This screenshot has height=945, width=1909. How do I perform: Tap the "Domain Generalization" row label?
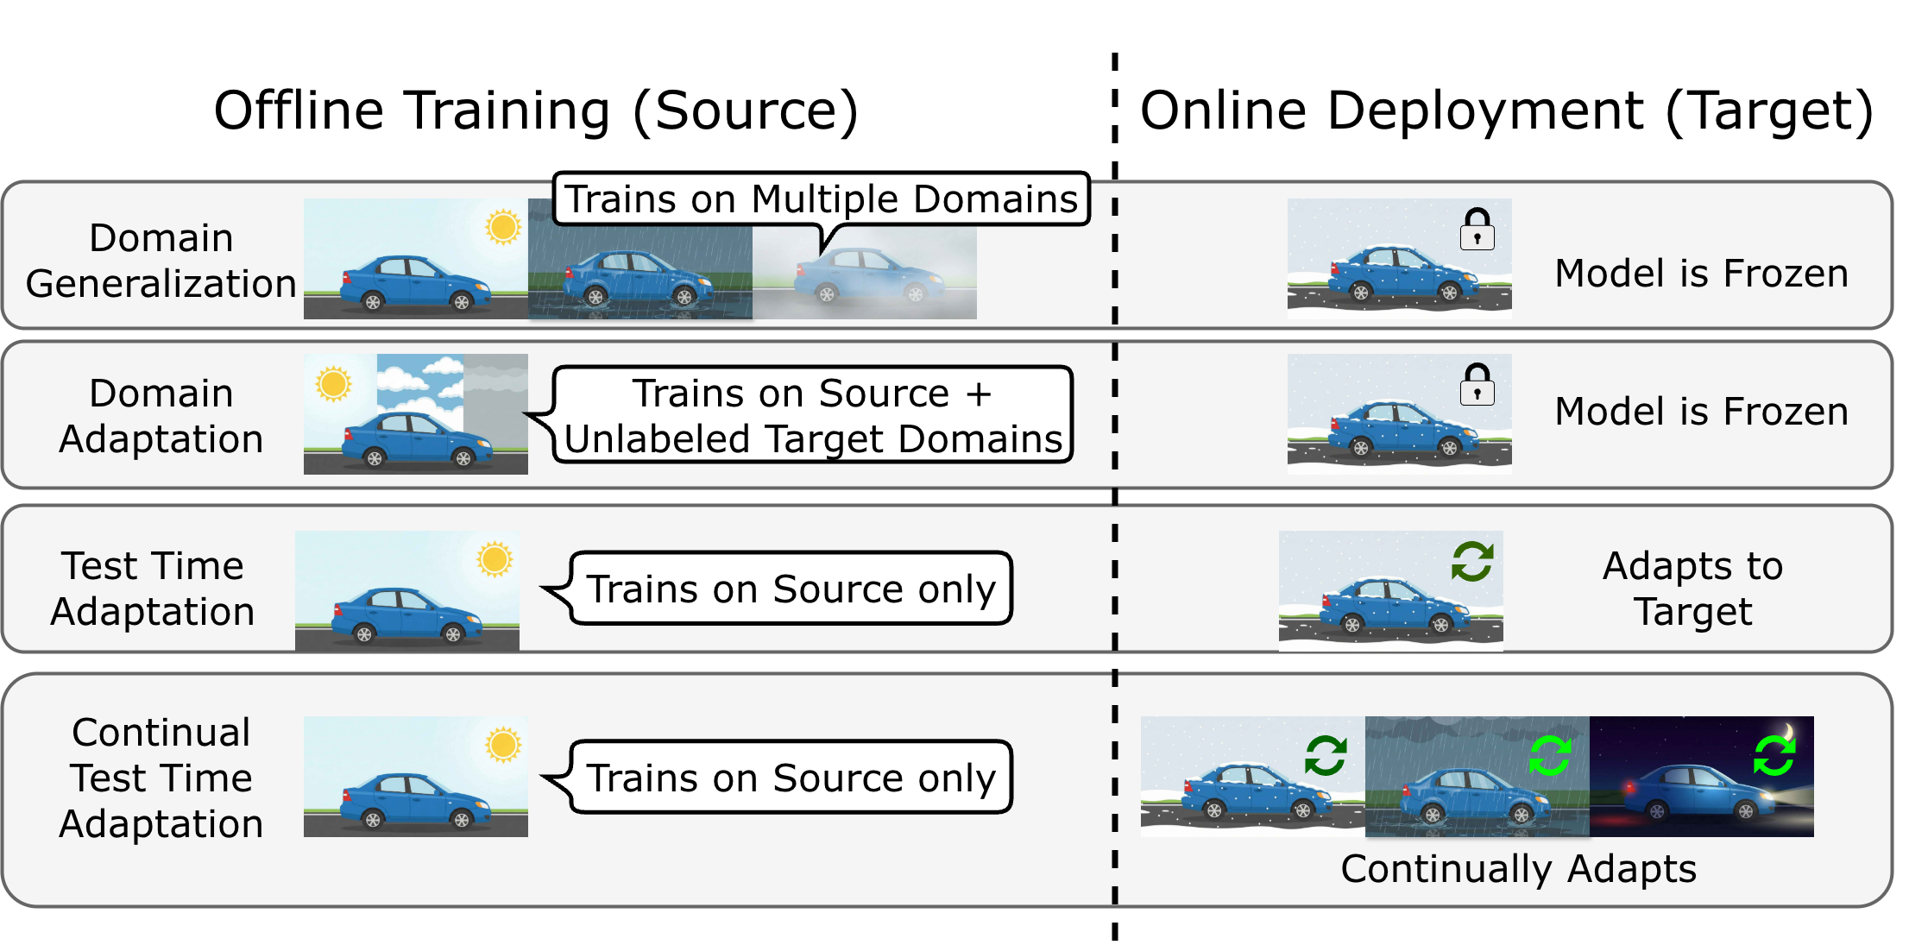point(161,261)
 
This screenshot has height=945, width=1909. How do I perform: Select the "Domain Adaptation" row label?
point(161,416)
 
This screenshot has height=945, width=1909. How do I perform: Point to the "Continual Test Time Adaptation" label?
point(161,778)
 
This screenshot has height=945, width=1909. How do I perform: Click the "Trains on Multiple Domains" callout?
point(821,199)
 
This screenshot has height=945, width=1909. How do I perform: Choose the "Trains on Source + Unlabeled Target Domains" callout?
point(812,416)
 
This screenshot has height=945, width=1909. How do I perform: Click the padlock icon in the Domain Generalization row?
point(1477,230)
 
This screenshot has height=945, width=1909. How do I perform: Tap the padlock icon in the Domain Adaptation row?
point(1477,385)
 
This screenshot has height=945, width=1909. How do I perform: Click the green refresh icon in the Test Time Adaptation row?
point(1471,562)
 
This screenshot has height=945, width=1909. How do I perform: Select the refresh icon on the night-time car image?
point(1774,756)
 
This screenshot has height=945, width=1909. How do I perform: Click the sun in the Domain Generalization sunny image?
point(503,227)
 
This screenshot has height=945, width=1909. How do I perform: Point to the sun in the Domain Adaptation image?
point(333,384)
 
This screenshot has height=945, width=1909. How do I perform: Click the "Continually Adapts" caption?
point(1518,868)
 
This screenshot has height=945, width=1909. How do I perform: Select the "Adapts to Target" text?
point(1692,589)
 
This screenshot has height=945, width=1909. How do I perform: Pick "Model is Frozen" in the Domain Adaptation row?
point(1701,412)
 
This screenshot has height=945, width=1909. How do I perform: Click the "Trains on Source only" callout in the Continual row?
point(791,778)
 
